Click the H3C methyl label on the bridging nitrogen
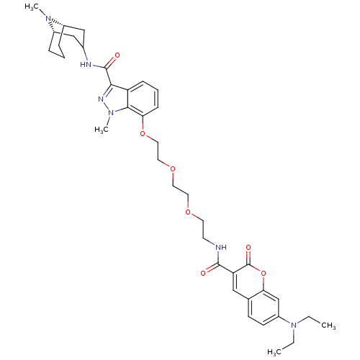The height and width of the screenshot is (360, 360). [32, 6]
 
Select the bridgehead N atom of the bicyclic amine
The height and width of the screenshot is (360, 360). [48, 18]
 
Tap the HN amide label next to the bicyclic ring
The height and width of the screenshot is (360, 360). [86, 65]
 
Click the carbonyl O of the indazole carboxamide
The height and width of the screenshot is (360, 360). [117, 55]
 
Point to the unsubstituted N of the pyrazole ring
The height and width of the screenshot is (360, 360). [101, 99]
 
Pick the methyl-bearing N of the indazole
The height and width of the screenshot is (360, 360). [111, 112]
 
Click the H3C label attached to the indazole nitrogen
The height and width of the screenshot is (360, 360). [102, 130]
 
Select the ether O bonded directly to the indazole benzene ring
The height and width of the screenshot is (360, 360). [143, 133]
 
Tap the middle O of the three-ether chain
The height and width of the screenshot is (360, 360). [172, 168]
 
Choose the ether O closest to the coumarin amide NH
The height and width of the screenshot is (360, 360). [188, 212]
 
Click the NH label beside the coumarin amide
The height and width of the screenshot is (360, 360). [221, 247]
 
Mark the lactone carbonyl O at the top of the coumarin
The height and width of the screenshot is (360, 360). [248, 247]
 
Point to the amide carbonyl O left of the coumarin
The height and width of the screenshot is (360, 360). [203, 273]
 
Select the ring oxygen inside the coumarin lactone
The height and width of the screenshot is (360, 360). [264, 273]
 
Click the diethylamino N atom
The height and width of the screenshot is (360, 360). [293, 325]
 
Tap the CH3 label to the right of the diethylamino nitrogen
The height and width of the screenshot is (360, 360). [328, 325]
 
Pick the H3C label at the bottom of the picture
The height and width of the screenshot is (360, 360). [274, 352]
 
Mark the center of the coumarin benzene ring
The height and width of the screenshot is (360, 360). [264, 308]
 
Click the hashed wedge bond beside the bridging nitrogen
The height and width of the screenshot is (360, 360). [58, 23]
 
